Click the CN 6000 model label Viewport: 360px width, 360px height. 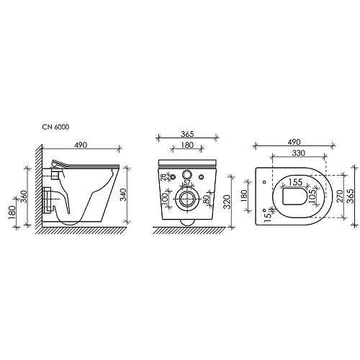(x=55, y=127)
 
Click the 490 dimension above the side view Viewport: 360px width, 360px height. (x=81, y=145)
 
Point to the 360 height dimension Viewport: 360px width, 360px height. (x=24, y=197)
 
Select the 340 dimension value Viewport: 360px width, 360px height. (x=123, y=195)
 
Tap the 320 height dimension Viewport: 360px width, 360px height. (x=227, y=202)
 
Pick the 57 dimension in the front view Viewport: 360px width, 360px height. (x=186, y=182)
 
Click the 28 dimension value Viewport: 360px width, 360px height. (x=163, y=177)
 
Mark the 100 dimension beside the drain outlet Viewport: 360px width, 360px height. (x=165, y=199)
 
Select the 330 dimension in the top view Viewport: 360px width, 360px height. (x=298, y=153)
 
